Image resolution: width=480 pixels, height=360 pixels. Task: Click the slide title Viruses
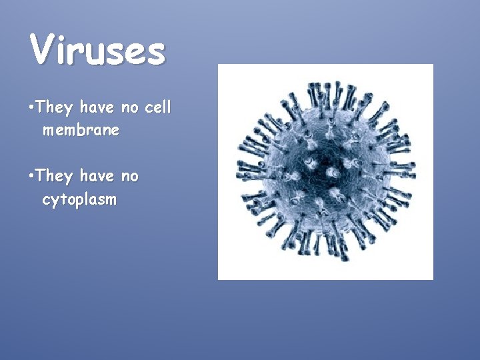coord(97,50)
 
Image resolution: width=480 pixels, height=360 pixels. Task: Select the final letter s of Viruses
coord(155,53)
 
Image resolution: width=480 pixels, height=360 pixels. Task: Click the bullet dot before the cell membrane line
coord(32,107)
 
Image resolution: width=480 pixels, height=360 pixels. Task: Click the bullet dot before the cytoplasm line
coord(32,176)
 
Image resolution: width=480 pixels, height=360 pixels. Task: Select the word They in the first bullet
coord(55,107)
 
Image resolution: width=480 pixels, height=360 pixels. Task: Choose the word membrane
coord(81,130)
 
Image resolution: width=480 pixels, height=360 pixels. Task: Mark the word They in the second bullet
coord(55,177)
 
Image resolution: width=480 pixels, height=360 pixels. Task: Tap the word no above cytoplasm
coord(130,177)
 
